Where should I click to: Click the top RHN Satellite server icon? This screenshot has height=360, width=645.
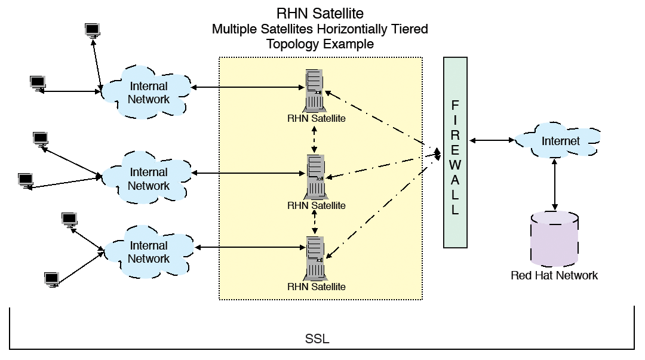(315, 90)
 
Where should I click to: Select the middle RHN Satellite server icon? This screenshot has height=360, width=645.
(315, 176)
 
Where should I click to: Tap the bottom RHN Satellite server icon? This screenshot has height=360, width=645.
(315, 258)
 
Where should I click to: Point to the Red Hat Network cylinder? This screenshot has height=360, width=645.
(554, 239)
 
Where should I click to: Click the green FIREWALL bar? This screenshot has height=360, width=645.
(455, 152)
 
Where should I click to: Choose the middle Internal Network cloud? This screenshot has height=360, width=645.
(148, 178)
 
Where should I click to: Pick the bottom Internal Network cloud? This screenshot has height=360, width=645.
(148, 251)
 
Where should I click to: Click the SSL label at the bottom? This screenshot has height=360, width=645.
(317, 339)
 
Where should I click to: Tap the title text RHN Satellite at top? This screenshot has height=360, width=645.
(320, 13)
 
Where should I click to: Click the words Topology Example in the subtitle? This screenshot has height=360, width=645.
(320, 44)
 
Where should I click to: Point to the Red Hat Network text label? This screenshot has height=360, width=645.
(554, 275)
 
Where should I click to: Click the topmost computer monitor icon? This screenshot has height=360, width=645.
(92, 30)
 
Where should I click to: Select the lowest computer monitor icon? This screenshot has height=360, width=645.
(52, 279)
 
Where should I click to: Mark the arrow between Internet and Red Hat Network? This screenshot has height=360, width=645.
(556, 184)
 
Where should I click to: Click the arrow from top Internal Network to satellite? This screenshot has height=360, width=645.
(248, 88)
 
